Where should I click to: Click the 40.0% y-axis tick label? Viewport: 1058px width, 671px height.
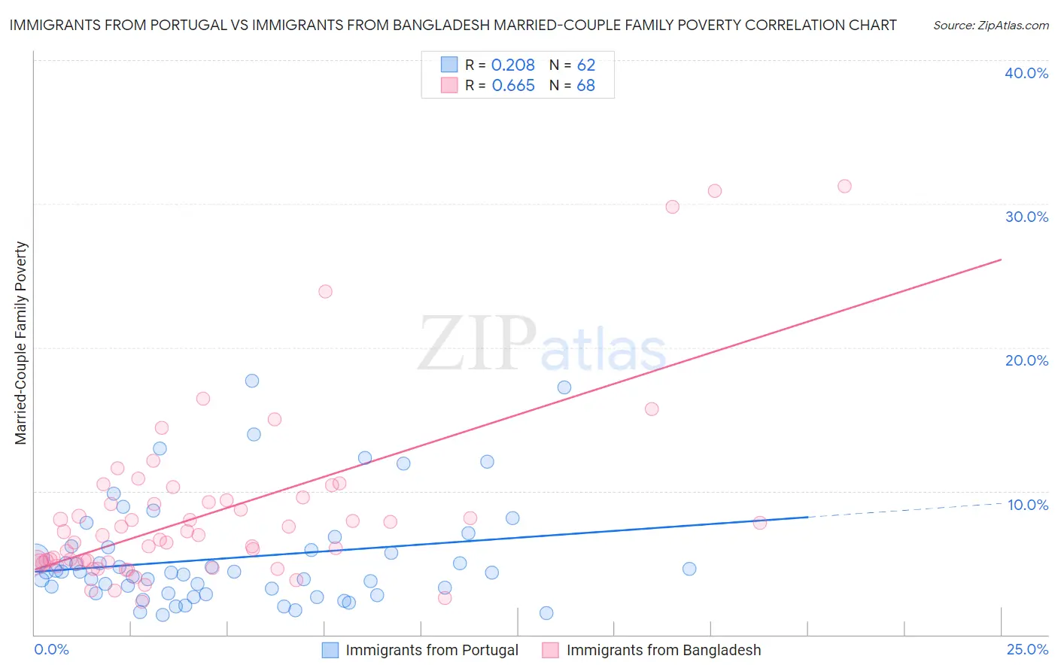click(x=1026, y=73)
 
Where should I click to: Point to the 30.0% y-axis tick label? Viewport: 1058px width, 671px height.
click(x=1026, y=217)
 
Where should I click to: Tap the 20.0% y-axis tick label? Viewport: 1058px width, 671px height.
click(x=1026, y=360)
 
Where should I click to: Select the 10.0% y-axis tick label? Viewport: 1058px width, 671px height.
click(x=1027, y=505)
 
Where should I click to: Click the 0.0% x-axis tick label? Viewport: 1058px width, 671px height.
click(x=51, y=649)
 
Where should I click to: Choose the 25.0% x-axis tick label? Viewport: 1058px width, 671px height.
click(x=1027, y=649)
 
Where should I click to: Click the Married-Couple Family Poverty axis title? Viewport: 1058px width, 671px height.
click(x=21, y=343)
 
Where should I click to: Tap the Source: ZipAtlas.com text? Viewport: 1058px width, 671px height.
click(x=990, y=25)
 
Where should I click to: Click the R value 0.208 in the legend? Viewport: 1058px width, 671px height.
click(x=512, y=65)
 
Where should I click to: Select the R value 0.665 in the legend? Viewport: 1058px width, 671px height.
click(x=512, y=86)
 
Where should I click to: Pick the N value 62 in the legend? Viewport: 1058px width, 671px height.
click(x=585, y=65)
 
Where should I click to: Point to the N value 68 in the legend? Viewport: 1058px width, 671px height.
click(x=585, y=86)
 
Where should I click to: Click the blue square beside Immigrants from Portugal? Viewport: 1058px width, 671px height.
click(x=330, y=650)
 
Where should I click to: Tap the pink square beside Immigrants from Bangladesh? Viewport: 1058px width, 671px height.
click(x=551, y=650)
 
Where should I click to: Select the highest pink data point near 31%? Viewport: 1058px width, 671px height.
click(x=844, y=186)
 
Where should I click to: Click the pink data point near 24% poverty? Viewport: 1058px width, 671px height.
click(x=325, y=291)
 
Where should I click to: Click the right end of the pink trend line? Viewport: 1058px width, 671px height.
click(x=1001, y=260)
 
